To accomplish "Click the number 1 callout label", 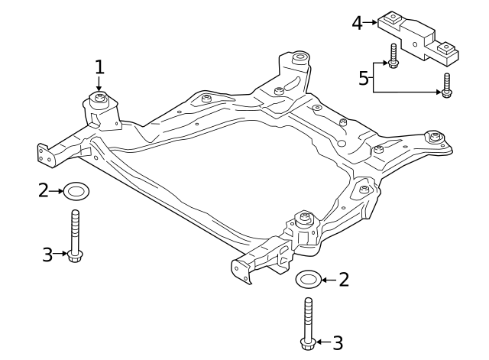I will (x=99, y=67).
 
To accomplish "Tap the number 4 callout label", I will (x=357, y=24).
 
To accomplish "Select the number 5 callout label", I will (x=364, y=77).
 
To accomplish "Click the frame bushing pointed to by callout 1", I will (x=99, y=100).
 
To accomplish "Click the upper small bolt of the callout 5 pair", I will (x=393, y=57).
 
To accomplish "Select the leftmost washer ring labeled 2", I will (x=76, y=190).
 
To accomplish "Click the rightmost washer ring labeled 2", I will (x=307, y=280).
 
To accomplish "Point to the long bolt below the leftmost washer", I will (x=74, y=236).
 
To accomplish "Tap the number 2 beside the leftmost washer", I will (x=44, y=190).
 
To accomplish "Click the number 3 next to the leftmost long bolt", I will (x=47, y=255).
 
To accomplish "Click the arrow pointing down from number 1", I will (x=99, y=84).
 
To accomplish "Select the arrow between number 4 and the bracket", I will (x=371, y=24).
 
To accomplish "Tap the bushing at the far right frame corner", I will (x=436, y=138).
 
